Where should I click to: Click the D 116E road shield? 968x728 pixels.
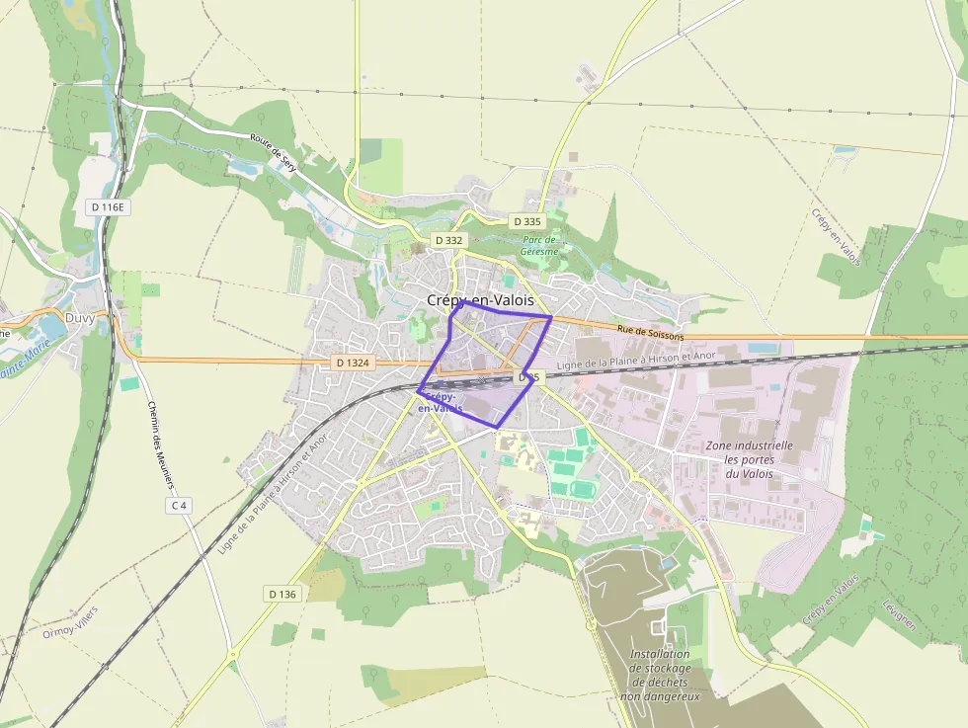(x=110, y=207)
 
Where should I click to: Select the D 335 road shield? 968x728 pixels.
(x=527, y=221)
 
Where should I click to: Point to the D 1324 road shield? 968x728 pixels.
(x=352, y=363)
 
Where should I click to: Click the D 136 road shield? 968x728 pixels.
(x=282, y=594)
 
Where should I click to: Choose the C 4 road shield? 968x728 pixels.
(x=179, y=506)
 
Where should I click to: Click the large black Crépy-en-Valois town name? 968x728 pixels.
(x=480, y=299)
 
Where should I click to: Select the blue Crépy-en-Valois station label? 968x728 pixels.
(x=441, y=402)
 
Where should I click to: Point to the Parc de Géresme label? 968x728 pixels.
(x=540, y=246)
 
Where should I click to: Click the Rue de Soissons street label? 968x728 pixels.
(x=650, y=334)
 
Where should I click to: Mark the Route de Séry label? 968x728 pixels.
(x=274, y=154)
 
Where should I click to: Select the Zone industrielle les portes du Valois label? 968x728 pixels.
(x=749, y=459)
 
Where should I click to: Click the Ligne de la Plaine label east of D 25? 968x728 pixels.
(x=635, y=361)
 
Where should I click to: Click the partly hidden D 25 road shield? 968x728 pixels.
(x=529, y=377)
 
